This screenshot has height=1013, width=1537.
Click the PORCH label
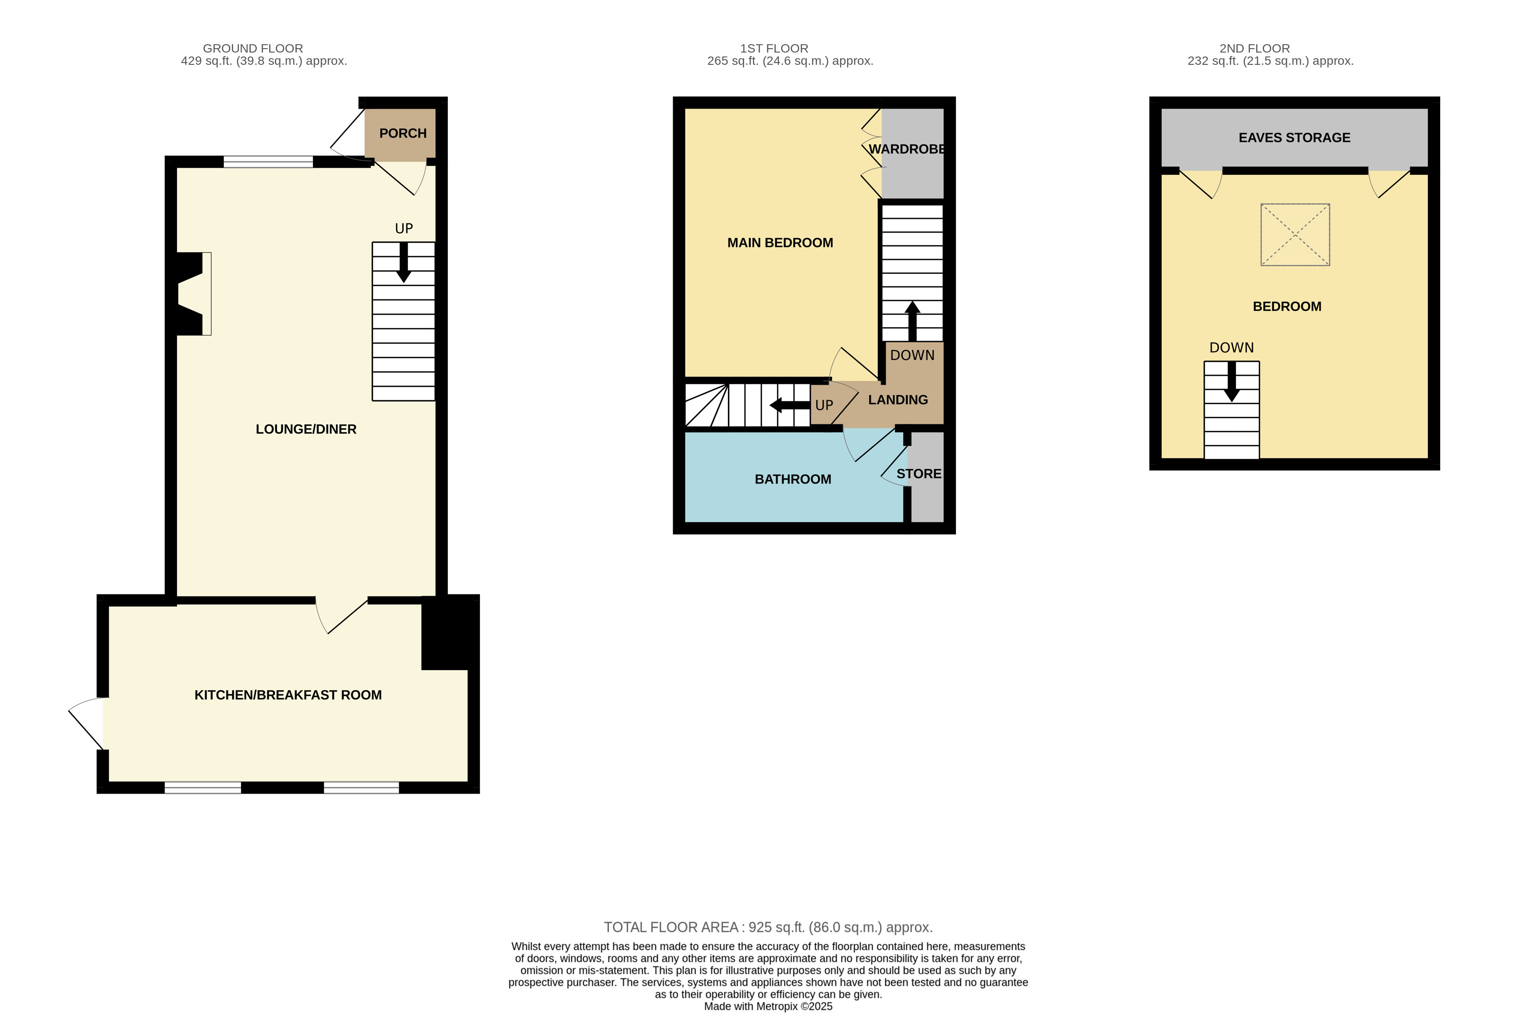pyautogui.click(x=403, y=133)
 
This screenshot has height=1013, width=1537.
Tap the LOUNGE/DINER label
pyautogui.click(x=306, y=429)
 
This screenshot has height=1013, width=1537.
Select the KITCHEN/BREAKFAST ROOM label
pyautogui.click(x=288, y=695)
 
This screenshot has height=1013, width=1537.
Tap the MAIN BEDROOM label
pyautogui.click(x=780, y=243)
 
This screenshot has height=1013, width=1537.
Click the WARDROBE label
pyautogui.click(x=907, y=149)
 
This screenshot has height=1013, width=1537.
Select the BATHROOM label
pyautogui.click(x=793, y=480)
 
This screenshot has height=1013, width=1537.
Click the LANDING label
pyautogui.click(x=898, y=400)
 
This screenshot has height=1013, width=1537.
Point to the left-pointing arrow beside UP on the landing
pyautogui.click(x=790, y=405)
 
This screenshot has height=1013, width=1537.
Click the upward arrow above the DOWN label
pyautogui.click(x=912, y=321)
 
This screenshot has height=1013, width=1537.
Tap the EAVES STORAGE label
pyautogui.click(x=1294, y=138)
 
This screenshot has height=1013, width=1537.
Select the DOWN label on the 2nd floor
pyautogui.click(x=1231, y=348)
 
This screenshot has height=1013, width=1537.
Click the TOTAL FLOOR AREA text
pyautogui.click(x=768, y=927)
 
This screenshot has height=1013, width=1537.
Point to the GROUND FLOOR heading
pyautogui.click(x=253, y=49)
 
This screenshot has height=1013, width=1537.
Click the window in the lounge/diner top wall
pyautogui.click(x=268, y=162)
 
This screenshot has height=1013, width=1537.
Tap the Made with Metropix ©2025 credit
pyautogui.click(x=768, y=1006)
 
